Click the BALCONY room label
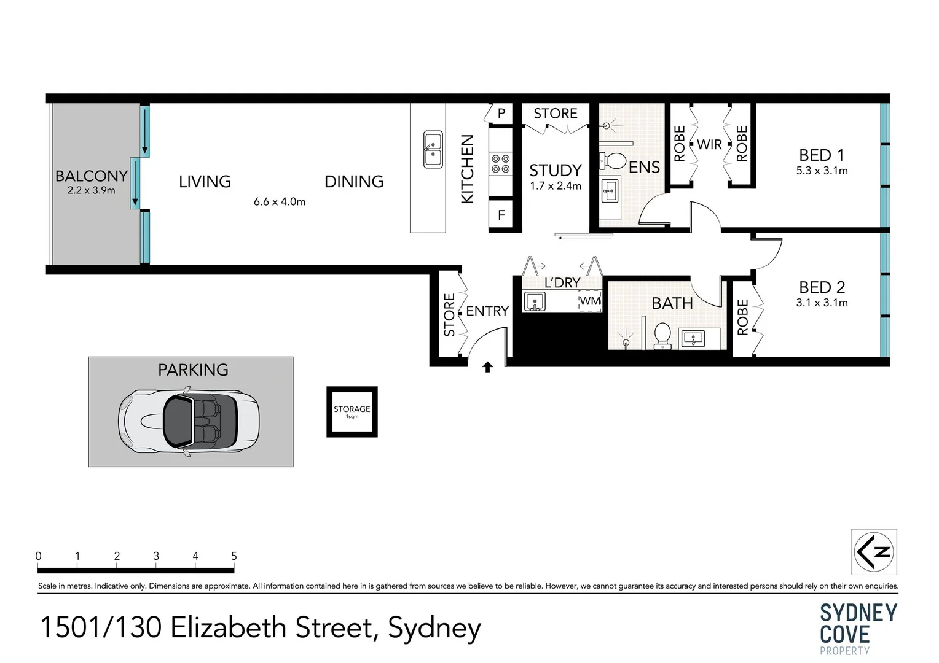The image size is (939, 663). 92,176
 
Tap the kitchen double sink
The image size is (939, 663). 433,149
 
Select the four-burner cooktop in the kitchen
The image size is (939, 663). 500,164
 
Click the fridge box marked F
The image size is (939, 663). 501,215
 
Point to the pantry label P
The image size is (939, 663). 501,113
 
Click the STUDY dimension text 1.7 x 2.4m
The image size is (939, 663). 556,186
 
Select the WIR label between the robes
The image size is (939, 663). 709,144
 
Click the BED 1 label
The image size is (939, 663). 822,155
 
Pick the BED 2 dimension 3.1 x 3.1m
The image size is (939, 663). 822,303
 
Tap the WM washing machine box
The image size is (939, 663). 590,301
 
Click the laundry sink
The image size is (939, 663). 534,301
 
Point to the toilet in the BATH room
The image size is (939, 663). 662,336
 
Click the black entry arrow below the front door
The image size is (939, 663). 487,367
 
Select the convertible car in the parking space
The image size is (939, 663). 189,421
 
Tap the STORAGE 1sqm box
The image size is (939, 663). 352,412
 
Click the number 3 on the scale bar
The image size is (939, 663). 156,556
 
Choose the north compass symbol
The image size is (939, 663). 874,552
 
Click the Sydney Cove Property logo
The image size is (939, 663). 858,629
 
